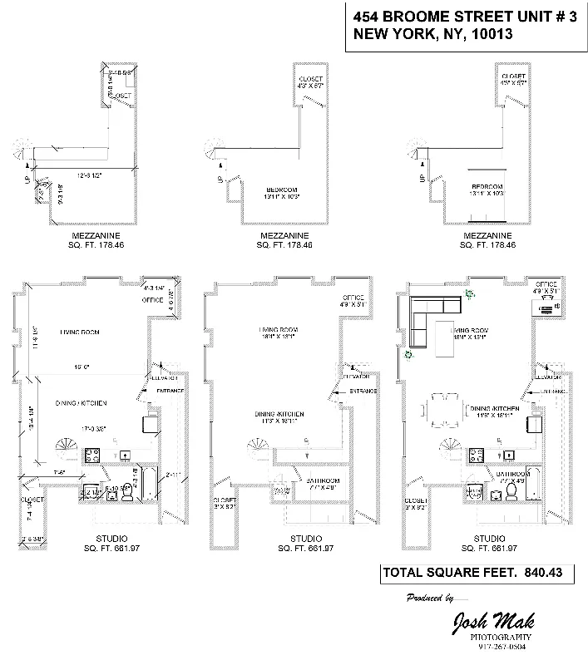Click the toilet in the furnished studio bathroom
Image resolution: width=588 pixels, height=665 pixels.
tap(513, 494)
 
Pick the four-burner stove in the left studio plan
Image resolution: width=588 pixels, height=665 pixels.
tap(93, 455)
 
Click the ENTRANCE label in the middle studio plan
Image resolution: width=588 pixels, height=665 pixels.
tap(363, 391)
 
